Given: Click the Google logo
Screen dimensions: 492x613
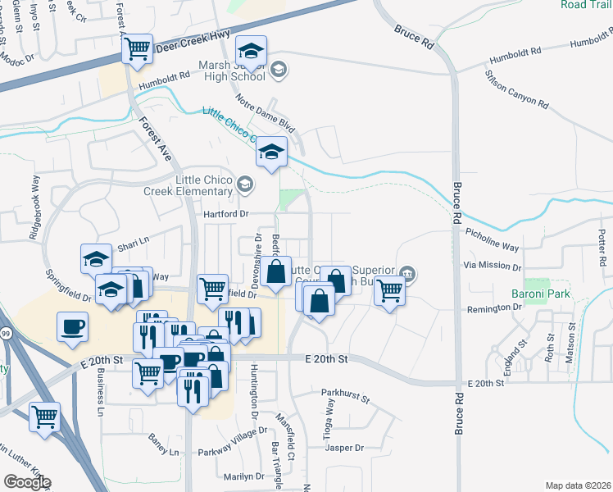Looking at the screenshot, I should (27, 482).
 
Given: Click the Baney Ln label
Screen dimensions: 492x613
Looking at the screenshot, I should (163, 450).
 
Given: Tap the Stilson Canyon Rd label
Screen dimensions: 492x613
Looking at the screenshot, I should (516, 89).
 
